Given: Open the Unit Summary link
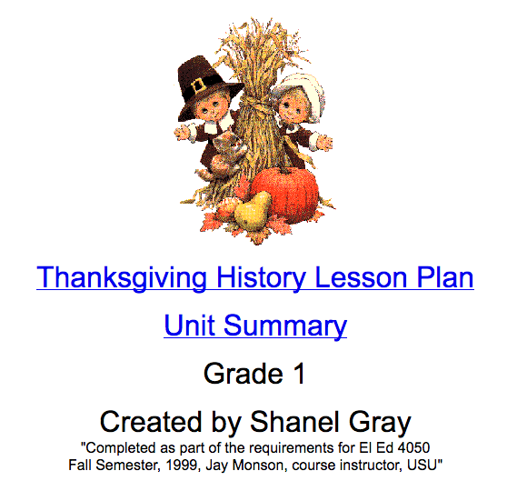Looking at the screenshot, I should [x=255, y=325].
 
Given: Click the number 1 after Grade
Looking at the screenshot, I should [x=297, y=373].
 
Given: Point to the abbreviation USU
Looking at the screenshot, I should [x=423, y=465].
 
